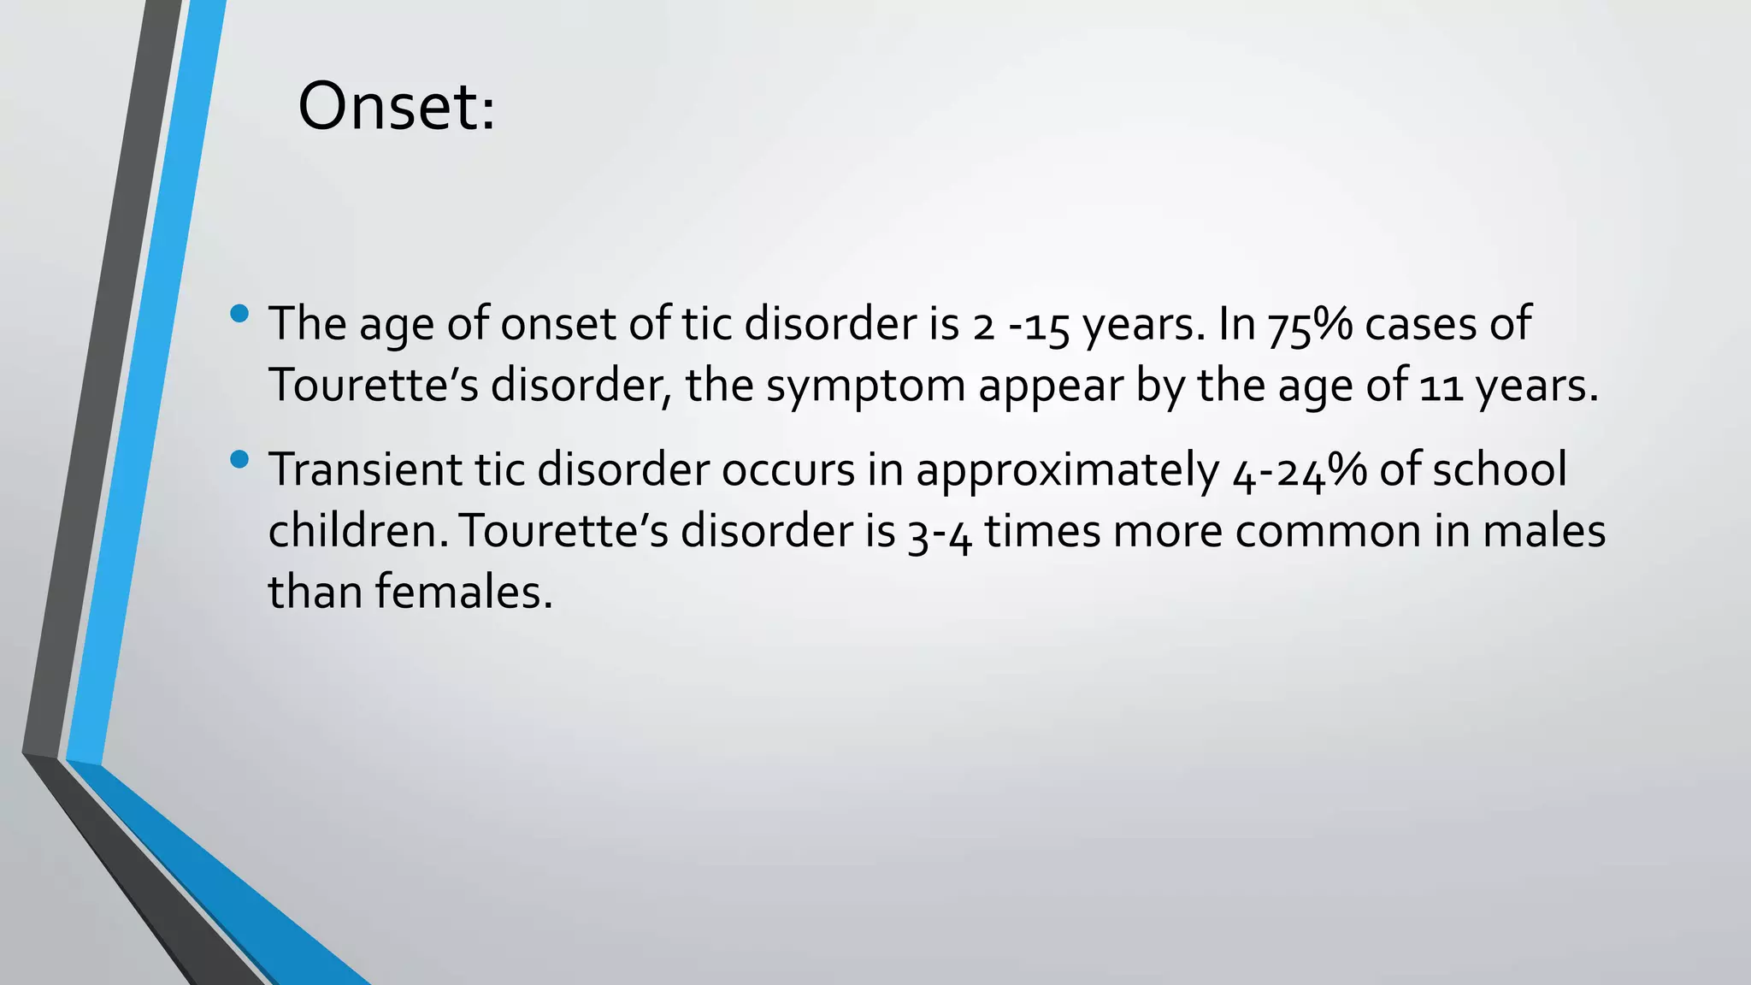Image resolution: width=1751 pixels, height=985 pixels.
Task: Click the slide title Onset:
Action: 396,107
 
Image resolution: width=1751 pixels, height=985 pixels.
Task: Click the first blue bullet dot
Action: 239,314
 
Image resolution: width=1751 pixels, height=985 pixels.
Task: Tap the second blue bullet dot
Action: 239,461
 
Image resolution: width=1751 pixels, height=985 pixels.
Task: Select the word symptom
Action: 865,386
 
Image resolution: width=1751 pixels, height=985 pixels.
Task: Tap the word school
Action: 1500,469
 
